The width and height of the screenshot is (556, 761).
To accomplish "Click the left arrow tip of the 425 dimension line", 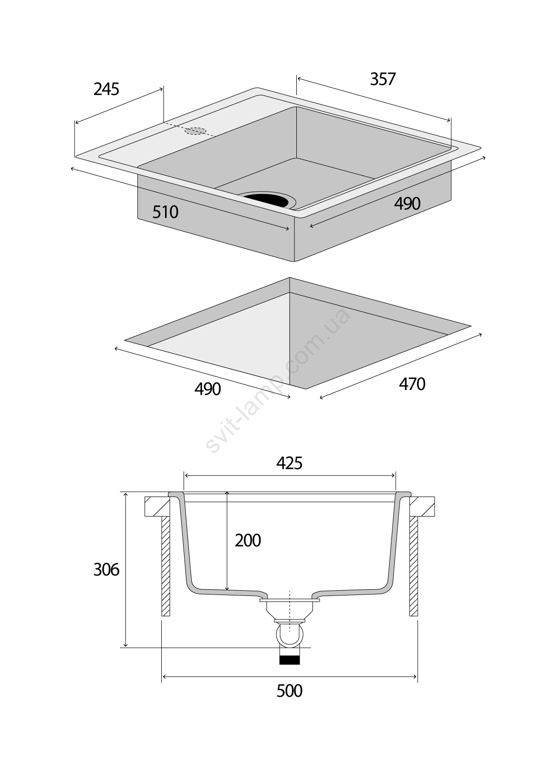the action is [184, 476].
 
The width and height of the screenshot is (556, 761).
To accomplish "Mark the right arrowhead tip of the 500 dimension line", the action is [417, 677].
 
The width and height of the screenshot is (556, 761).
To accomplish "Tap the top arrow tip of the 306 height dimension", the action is [126, 492].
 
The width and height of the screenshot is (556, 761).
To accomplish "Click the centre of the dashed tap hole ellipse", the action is [195, 131].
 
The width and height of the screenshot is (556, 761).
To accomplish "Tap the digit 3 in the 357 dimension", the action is [374, 79].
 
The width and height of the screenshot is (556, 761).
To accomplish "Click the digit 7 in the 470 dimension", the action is [412, 384].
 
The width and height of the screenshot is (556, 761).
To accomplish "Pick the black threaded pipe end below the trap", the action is [289, 659].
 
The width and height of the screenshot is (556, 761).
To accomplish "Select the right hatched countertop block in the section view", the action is [422, 507].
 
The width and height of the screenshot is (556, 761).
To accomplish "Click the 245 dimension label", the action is [107, 89].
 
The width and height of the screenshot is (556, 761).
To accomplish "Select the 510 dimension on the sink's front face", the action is [166, 212].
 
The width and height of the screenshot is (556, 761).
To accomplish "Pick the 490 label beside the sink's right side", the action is [407, 204].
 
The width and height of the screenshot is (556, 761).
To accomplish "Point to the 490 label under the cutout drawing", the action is [207, 389].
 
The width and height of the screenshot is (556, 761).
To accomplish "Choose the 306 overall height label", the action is [107, 570].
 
